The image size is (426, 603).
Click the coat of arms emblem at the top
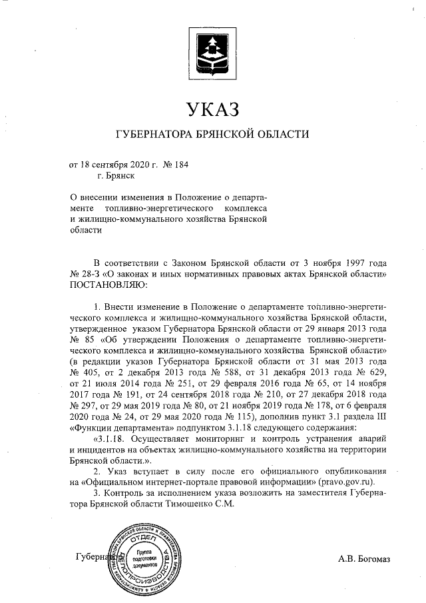213,50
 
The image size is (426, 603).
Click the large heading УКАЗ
212,108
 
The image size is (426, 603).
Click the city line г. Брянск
116,176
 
